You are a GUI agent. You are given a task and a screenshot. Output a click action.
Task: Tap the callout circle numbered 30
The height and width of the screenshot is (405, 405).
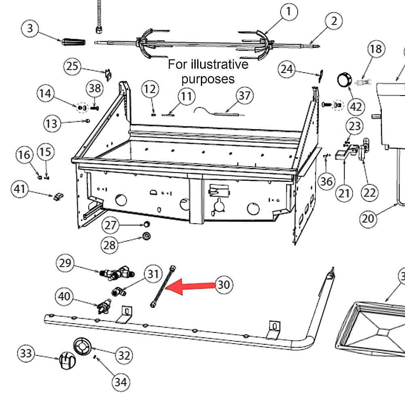tap(224, 284)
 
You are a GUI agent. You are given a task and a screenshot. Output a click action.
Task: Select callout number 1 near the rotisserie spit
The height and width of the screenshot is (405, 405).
tap(289, 12)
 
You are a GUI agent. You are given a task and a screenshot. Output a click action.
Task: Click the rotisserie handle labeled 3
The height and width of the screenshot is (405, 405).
tap(73, 42)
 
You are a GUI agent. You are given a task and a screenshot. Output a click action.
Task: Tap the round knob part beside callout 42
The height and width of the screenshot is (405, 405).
tap(344, 79)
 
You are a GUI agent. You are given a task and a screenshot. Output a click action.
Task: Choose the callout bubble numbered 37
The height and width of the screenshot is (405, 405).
tap(244, 96)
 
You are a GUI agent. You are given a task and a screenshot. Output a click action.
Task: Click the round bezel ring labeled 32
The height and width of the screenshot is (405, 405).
tap(83, 347)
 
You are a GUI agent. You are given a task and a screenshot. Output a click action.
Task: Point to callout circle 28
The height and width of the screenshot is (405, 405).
tap(110, 244)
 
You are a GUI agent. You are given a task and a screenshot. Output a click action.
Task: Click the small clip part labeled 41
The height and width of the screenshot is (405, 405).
tap(58, 196)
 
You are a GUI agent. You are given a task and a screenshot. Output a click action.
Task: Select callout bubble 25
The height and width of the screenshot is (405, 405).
tap(72, 66)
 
